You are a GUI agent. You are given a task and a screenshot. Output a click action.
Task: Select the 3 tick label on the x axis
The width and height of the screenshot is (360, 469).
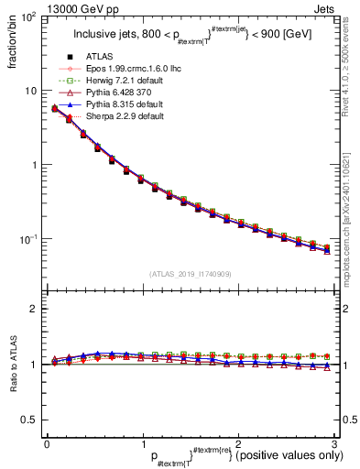pos(334,443)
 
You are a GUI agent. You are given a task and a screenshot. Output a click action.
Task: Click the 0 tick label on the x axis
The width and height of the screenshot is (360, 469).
pos(47,443)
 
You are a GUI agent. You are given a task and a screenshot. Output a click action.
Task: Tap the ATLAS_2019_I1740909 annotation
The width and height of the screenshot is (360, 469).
pos(190,274)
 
